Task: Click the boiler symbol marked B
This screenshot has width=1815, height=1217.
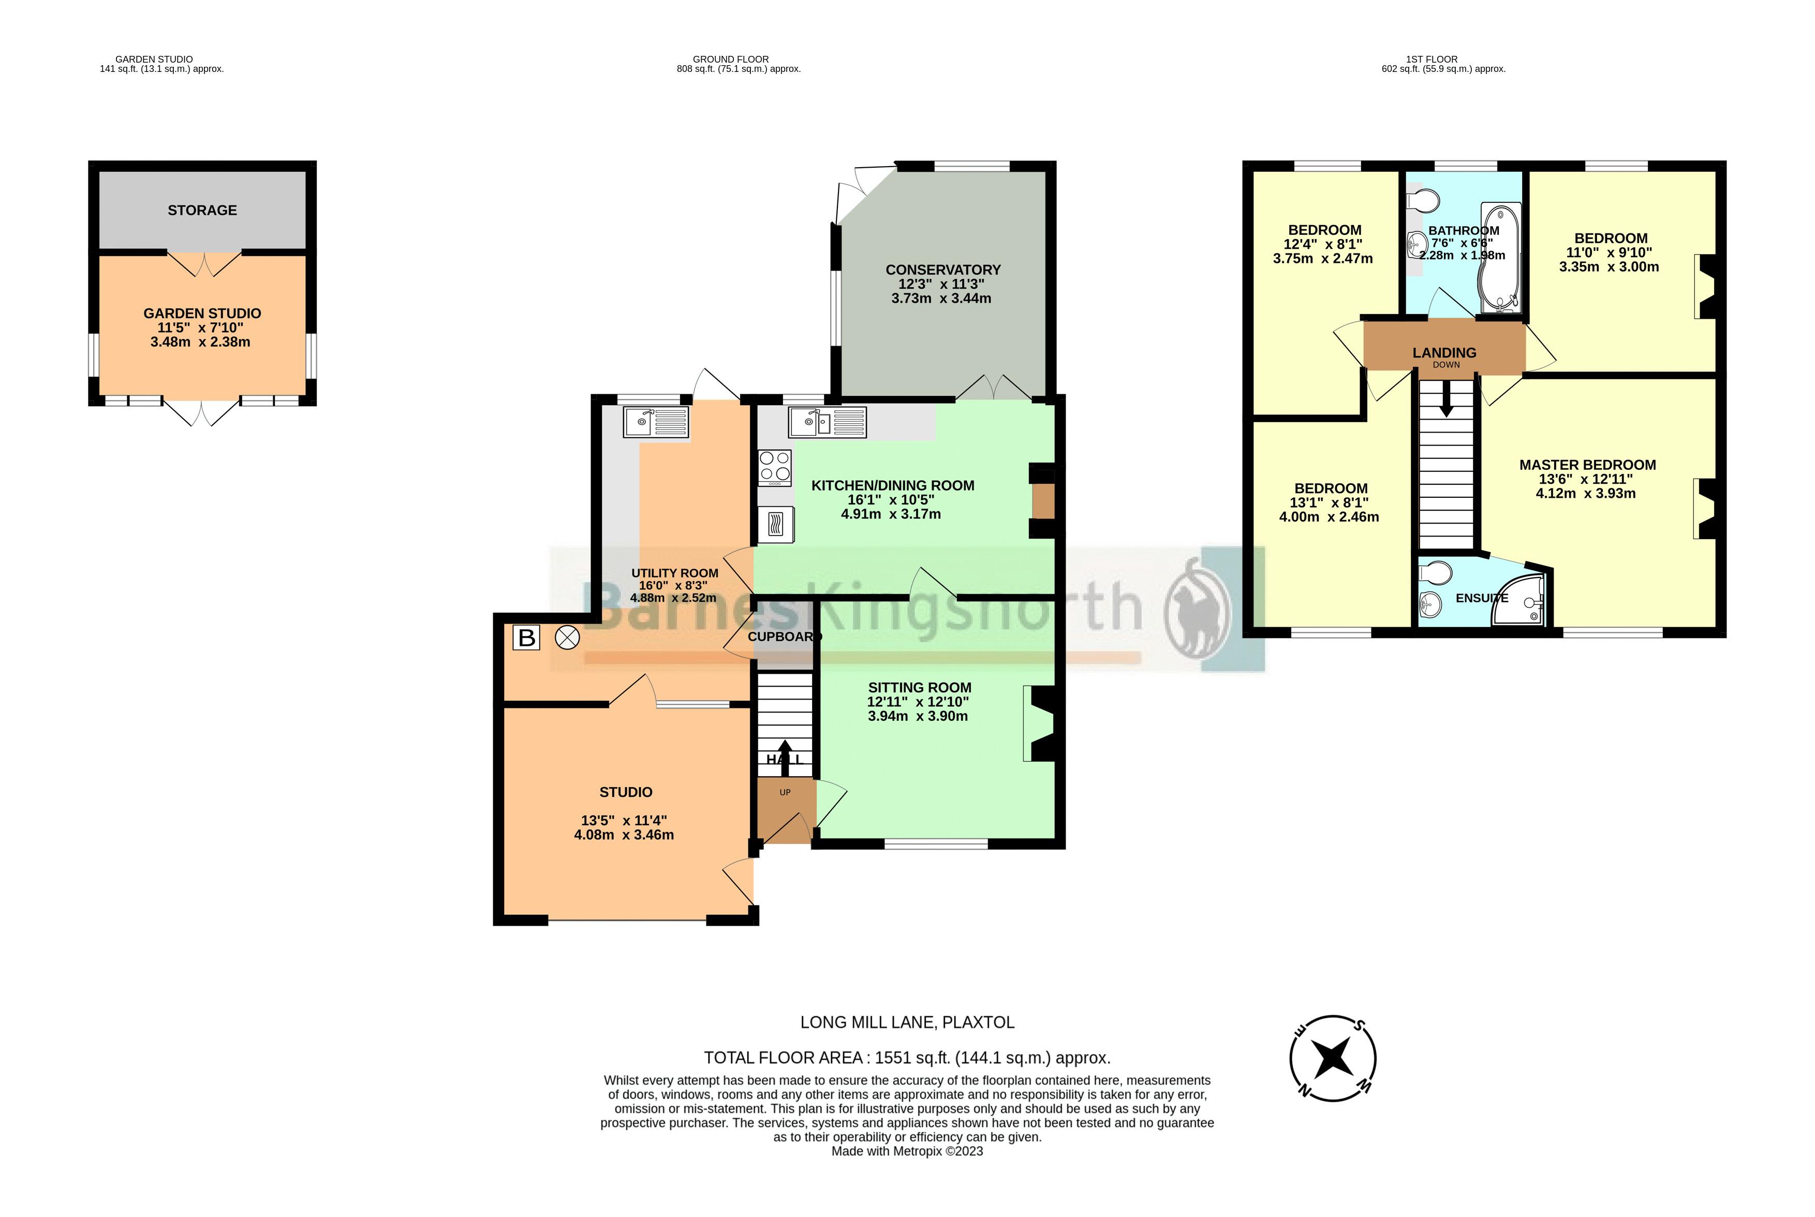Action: point(526,638)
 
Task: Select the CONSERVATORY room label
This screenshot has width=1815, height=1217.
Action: point(942,270)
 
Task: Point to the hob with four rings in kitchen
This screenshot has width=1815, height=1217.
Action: point(775,467)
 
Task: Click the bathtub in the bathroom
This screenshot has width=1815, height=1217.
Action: point(1500,256)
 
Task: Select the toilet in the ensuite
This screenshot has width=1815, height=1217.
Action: point(1435,573)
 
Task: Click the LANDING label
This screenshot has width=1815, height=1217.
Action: point(1444,353)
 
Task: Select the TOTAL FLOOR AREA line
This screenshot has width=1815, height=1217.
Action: point(907,1057)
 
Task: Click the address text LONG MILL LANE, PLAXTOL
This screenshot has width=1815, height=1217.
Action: point(907,1022)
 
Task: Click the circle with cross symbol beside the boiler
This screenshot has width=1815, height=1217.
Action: point(567,638)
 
